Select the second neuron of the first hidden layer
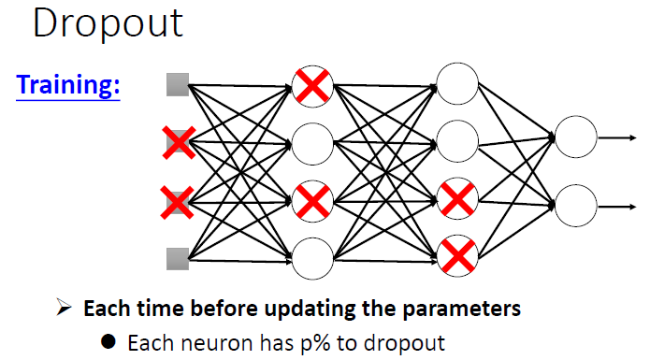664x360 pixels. coord(312,143)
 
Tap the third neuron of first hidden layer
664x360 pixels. coord(312,200)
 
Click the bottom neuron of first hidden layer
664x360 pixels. coord(312,257)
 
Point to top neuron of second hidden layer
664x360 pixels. coord(457,82)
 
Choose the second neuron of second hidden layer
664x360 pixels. coord(457,140)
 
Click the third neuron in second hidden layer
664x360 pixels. coord(457,198)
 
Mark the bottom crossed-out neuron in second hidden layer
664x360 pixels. coord(457,254)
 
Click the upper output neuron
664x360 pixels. coord(575,137)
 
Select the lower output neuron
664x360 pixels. coord(575,204)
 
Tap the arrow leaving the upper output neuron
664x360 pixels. coord(618,137)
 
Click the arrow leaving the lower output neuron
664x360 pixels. coord(618,204)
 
